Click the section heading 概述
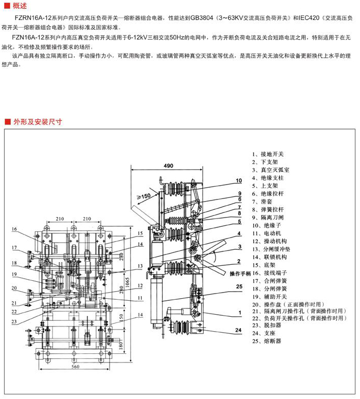[x=19, y=5]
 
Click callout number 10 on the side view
[x=239, y=180]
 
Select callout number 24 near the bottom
[x=239, y=330]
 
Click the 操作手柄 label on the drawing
[x=240, y=273]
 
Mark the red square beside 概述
[x=7, y=5]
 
